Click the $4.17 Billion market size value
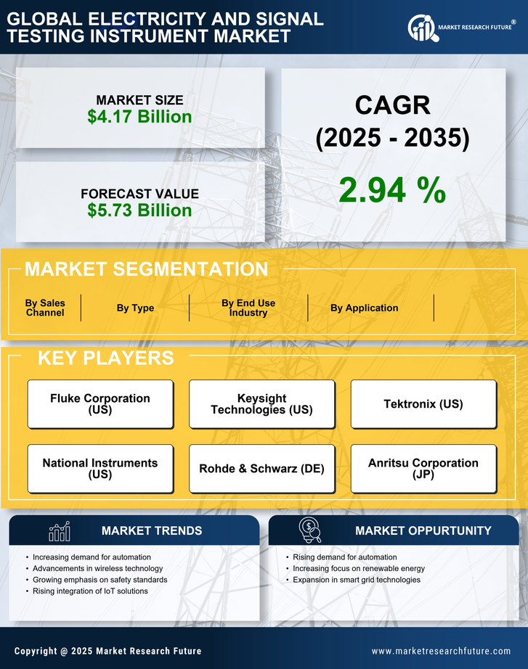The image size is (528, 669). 139,117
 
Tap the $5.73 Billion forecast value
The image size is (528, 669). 139,210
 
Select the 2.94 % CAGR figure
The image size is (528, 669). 392,190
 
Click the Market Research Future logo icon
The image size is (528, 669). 421,28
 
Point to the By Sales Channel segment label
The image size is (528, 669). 45,308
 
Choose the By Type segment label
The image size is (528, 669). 135,308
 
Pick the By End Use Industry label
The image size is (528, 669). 248,308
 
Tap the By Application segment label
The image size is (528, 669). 364,308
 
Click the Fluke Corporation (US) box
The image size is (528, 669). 100,404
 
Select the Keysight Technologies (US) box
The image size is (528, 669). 261,404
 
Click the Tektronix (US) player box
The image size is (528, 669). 423,404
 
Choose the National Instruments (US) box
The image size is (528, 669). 100,469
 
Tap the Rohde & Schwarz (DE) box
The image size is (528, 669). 261,469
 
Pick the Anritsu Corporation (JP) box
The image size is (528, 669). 423,469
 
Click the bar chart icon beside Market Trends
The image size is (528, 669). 60,531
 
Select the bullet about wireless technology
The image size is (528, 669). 97,568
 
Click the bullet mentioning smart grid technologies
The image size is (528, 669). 356,580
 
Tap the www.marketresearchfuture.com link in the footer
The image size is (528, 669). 441,651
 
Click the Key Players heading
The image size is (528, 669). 105,358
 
